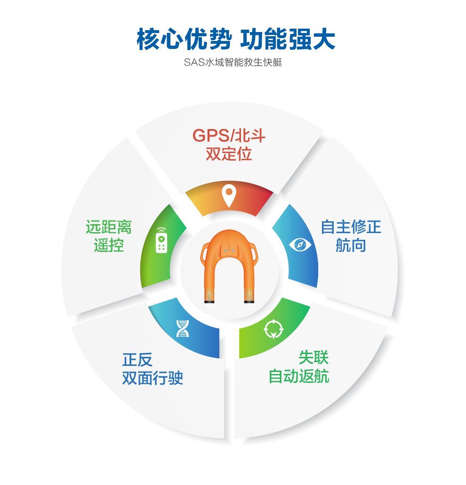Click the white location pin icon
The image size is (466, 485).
(x=229, y=196)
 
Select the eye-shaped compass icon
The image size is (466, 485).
(x=300, y=245)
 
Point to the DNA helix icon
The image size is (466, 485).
(x=183, y=328)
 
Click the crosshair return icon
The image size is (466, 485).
(x=273, y=329)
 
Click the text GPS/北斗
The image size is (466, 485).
(x=229, y=136)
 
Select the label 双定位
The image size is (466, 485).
(x=229, y=154)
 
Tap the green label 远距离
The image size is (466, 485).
(x=109, y=227)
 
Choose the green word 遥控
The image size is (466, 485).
(x=109, y=245)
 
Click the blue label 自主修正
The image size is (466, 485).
(x=351, y=227)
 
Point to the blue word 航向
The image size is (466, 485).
(x=351, y=245)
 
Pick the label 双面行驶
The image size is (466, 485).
(x=153, y=378)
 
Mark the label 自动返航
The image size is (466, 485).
(x=299, y=376)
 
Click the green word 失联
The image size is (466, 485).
(x=313, y=358)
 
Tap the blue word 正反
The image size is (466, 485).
(x=137, y=359)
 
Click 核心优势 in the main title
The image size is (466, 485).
(x=185, y=39)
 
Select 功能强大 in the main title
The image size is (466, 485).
(x=288, y=39)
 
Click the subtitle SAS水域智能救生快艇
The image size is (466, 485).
(x=233, y=63)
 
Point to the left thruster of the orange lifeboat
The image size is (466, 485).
(x=209, y=295)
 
